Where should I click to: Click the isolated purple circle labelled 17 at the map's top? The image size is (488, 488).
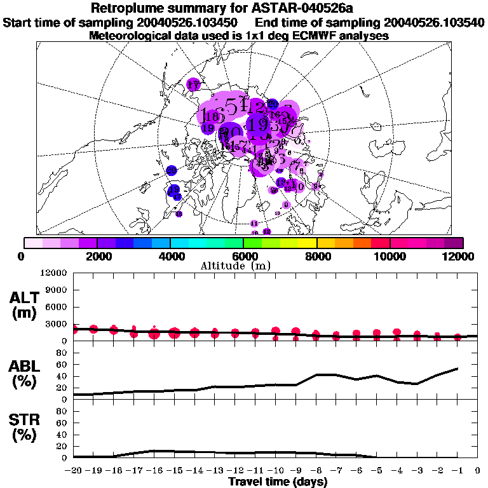coord(194,85)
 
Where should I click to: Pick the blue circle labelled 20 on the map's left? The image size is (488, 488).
coord(171,170)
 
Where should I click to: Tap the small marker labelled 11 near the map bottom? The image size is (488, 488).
coord(254,224)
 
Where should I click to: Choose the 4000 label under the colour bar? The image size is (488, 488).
coord(170,256)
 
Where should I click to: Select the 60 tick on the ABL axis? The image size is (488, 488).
coord(62,365)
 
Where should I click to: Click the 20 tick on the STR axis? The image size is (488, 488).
coord(62,446)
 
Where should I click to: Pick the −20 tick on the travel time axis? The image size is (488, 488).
coord(74,470)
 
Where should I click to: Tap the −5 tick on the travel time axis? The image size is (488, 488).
coord(376,470)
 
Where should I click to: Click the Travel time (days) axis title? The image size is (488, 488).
coord(278,482)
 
